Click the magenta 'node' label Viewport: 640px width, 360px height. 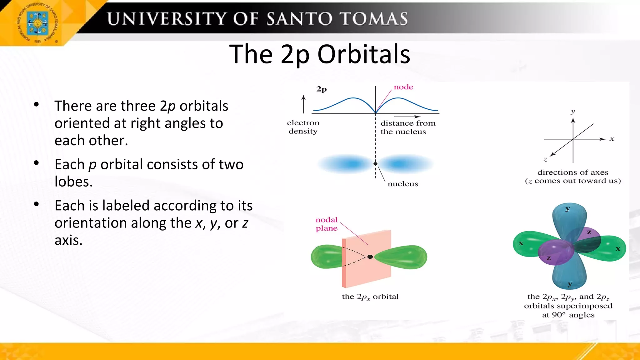403,87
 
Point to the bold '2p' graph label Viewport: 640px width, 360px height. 321,89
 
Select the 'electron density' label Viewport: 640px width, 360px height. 303,127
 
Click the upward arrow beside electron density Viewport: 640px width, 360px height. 303,104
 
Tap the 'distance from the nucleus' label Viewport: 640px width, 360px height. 407,127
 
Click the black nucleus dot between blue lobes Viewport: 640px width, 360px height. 375,164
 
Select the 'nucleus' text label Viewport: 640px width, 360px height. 402,184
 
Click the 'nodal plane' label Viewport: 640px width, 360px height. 326,224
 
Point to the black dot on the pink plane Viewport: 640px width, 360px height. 370,257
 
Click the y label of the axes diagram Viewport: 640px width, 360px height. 572,112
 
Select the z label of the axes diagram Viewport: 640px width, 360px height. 545,159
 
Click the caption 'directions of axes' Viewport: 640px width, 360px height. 572,172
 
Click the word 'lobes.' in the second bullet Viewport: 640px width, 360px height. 73,182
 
